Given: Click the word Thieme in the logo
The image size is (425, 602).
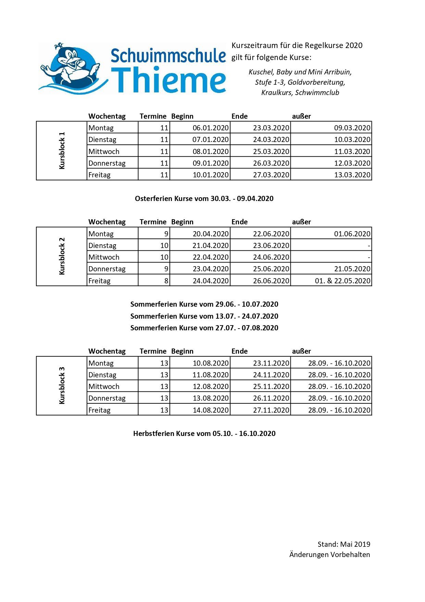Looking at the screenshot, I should [169, 80].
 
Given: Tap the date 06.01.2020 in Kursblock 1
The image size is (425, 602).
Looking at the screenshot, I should [210, 128].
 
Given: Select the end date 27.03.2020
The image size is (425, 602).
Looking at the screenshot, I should [271, 175].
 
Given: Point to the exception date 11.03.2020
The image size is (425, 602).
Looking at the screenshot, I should [352, 152].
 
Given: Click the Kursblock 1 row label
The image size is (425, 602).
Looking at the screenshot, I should [62, 151].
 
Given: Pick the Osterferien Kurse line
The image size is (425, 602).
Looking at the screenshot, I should [204, 199].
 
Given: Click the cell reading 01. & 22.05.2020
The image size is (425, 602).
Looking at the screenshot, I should [342, 281].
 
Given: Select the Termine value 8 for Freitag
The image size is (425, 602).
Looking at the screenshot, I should [166, 281].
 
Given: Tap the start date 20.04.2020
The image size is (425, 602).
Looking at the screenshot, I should [210, 234].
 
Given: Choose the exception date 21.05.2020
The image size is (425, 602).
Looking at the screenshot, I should [352, 269].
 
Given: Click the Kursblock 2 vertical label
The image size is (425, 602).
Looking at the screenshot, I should [62, 256].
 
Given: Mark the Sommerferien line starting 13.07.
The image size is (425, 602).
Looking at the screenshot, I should [204, 316].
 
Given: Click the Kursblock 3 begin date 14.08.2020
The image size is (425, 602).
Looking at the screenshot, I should [210, 410].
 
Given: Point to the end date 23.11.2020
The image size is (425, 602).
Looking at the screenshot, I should [271, 363].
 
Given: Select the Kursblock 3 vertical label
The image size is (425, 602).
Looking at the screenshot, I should [62, 386].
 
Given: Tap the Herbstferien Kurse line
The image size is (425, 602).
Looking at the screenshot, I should [204, 434].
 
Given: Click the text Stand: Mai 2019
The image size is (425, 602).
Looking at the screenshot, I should [343, 544].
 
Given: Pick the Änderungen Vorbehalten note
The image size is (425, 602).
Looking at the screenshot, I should [329, 555].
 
